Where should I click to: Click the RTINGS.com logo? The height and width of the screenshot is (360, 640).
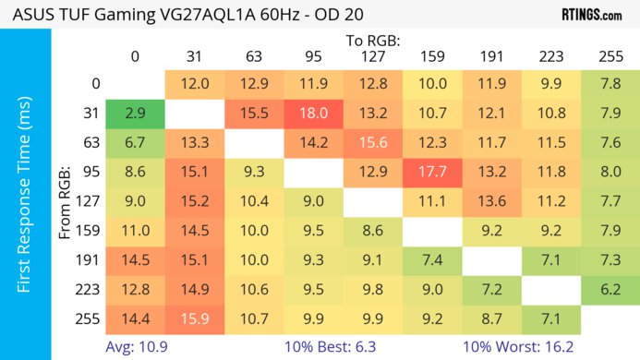pos(591,14)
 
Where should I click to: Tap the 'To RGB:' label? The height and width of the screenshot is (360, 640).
pos(373,41)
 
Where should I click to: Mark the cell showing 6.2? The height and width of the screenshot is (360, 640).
pos(611,289)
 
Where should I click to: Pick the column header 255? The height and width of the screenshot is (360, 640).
pos(611,57)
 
